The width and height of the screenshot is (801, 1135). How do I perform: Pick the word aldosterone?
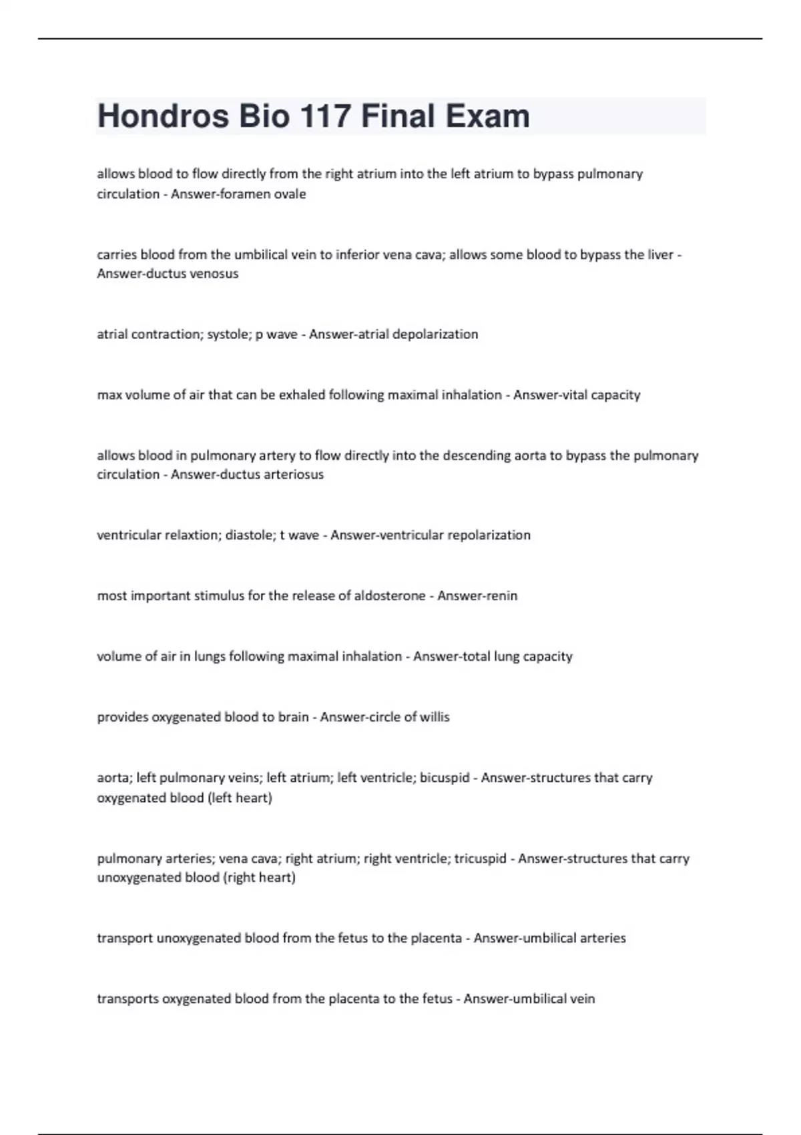tap(390, 596)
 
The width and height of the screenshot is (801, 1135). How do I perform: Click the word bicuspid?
tap(445, 778)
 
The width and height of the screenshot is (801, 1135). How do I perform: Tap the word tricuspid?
tap(480, 859)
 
